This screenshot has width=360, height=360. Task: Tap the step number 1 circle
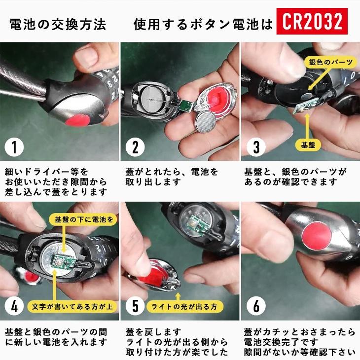tap(14, 146)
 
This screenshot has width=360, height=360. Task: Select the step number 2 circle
tap(135, 146)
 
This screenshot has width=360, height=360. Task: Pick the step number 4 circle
tap(14, 306)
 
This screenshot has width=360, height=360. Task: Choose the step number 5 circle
tap(135, 306)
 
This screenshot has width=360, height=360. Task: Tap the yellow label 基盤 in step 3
tap(308, 144)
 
